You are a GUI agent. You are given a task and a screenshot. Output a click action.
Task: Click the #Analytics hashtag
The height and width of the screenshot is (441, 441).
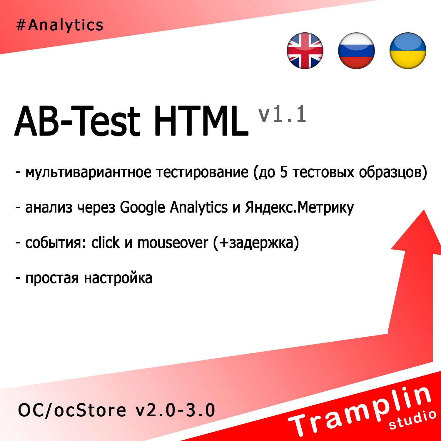point(60,25)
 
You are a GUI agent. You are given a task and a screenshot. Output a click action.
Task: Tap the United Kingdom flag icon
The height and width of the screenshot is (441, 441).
point(305,51)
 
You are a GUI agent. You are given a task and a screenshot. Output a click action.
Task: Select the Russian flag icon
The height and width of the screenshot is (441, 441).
point(356,51)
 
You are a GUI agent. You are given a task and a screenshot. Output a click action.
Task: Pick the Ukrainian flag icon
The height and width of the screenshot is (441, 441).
point(408,51)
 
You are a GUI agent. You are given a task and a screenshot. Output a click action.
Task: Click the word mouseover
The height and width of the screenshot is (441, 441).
point(173,243)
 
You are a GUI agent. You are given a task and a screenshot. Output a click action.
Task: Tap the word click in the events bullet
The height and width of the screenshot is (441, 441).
point(105,243)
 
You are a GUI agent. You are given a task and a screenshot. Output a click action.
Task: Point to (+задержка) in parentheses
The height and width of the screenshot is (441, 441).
point(256,243)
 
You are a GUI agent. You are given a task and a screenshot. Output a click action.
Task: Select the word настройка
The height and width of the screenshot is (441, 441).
point(118,278)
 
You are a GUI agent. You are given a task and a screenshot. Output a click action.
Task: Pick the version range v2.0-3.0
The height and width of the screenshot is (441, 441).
point(175,410)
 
